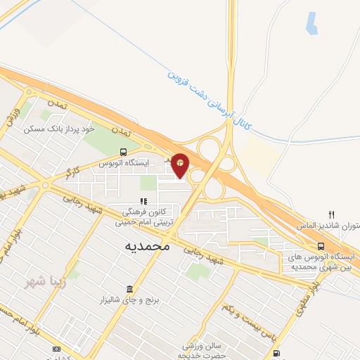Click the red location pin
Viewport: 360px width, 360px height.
(x=181, y=165)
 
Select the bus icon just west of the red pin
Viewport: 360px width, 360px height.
(x=124, y=151)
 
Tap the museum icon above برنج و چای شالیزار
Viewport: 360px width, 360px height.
(x=129, y=290)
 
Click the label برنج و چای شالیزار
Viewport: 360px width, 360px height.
(x=129, y=301)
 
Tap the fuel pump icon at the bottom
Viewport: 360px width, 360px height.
(x=276, y=352)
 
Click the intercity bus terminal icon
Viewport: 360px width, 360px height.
(x=321, y=246)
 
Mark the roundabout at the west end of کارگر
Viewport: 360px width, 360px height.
(x=45, y=186)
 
